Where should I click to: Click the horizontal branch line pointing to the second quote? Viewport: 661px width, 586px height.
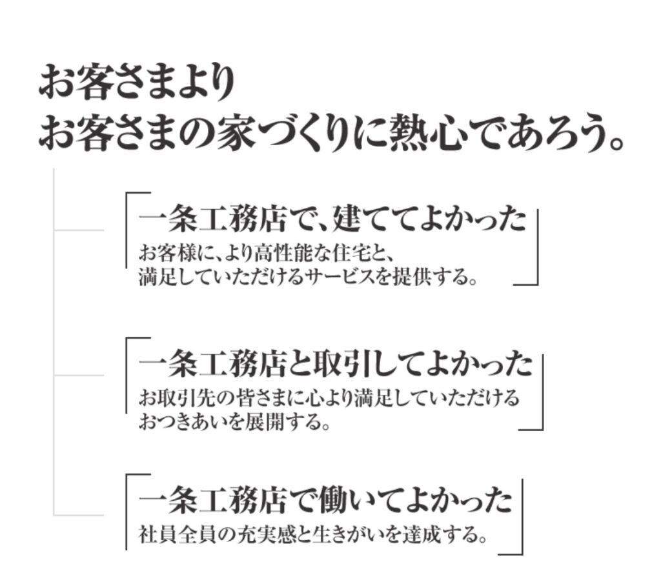pos(79,375)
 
